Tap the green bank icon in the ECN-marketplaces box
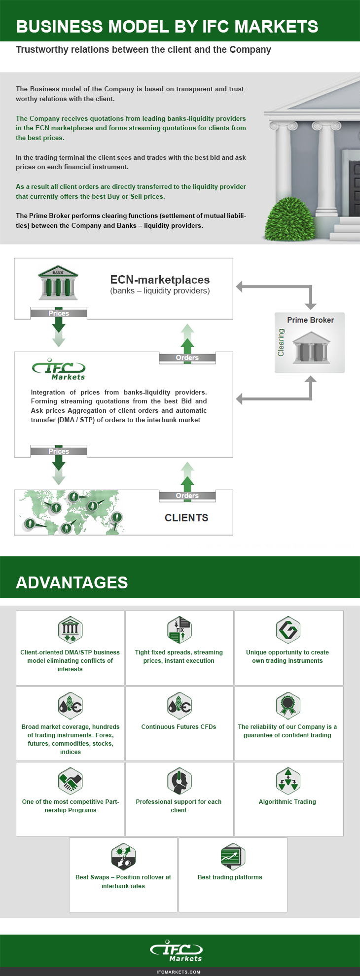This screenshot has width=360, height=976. point(58,283)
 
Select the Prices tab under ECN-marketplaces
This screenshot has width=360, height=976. point(59,313)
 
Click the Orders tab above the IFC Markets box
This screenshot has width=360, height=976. point(187,358)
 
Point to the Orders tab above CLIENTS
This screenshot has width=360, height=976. point(187,496)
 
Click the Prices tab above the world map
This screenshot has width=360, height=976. point(59,451)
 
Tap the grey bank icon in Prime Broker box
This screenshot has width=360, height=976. point(311,347)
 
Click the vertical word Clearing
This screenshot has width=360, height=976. point(281,342)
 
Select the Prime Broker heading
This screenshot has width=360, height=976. point(310,320)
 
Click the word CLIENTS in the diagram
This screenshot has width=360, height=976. point(186,518)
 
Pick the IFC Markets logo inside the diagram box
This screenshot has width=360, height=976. point(59,369)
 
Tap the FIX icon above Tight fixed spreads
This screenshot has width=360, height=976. point(179,629)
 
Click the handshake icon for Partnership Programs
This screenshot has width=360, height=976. point(70,781)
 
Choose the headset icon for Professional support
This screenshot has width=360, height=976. point(179,781)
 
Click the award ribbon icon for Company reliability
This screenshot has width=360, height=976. point(288,705)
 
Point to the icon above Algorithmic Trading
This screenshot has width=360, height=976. point(288,781)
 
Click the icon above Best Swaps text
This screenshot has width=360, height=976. point(123,856)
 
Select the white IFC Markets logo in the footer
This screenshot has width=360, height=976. point(177,950)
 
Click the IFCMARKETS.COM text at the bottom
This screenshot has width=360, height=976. point(178,972)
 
